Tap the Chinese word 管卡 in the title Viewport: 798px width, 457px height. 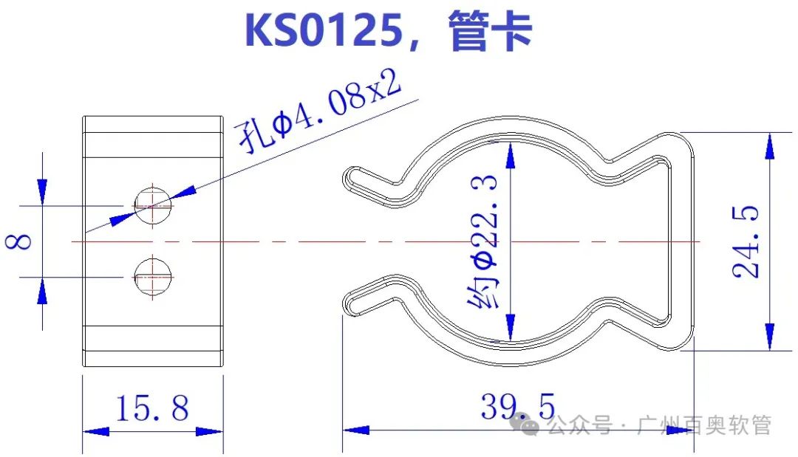(x=490, y=31)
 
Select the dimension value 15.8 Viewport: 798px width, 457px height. (x=152, y=407)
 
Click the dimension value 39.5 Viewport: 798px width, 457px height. (x=518, y=406)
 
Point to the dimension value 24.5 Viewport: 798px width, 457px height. (x=747, y=241)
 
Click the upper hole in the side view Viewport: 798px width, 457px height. (x=152, y=201)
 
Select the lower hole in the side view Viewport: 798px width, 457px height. (x=152, y=276)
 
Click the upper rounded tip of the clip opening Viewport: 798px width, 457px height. (x=352, y=178)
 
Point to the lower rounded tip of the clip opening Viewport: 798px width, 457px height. (x=352, y=303)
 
